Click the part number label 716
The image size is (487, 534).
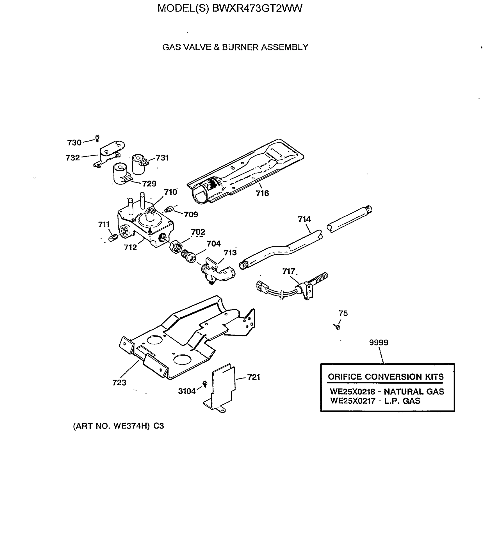pos(262,193)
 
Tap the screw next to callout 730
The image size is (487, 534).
pos(97,138)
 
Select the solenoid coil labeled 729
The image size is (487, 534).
pos(121,173)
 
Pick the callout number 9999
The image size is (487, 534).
pos(378,342)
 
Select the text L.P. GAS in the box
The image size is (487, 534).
pos(402,401)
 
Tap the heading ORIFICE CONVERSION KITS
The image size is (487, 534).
pos(385,377)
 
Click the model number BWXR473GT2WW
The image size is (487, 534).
pos(257,8)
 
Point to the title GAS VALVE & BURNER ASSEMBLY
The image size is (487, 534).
pos(235,47)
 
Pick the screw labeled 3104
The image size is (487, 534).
pos(205,384)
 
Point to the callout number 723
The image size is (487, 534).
pos(119,382)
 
